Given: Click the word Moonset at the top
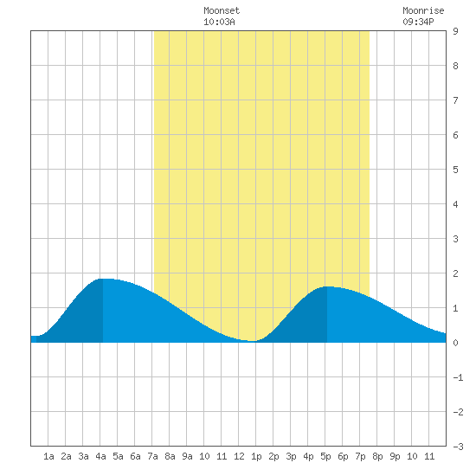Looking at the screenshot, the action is pyautogui.click(x=222, y=10).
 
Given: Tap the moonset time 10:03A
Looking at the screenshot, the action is pyautogui.click(x=219, y=22).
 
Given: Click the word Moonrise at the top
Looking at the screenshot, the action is pyautogui.click(x=423, y=10).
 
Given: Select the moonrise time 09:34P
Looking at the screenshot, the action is pyautogui.click(x=418, y=22).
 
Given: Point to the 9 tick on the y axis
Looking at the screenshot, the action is pyautogui.click(x=455, y=31).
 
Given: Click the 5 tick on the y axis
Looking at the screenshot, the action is pyautogui.click(x=455, y=170).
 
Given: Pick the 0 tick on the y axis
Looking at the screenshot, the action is pyautogui.click(x=455, y=343).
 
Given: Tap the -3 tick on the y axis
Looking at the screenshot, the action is pyautogui.click(x=458, y=447).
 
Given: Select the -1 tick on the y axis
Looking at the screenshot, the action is pyautogui.click(x=458, y=377).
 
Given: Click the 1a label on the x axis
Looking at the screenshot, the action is pyautogui.click(x=48, y=456).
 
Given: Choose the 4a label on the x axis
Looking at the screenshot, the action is pyautogui.click(x=100, y=456).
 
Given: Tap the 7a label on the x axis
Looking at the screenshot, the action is pyautogui.click(x=152, y=456).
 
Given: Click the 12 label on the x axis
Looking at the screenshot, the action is pyautogui.click(x=239, y=456).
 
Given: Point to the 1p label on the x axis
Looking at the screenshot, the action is pyautogui.click(x=256, y=456).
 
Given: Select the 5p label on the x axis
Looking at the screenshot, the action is pyautogui.click(x=325, y=456).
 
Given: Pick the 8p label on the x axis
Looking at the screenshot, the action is pyautogui.click(x=377, y=456).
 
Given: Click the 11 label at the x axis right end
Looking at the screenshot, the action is pyautogui.click(x=429, y=456).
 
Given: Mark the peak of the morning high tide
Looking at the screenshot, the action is pyautogui.click(x=103, y=279).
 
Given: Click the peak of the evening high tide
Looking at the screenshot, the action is pyautogui.click(x=327, y=286).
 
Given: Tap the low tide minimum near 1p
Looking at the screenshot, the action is pyautogui.click(x=253, y=341).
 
